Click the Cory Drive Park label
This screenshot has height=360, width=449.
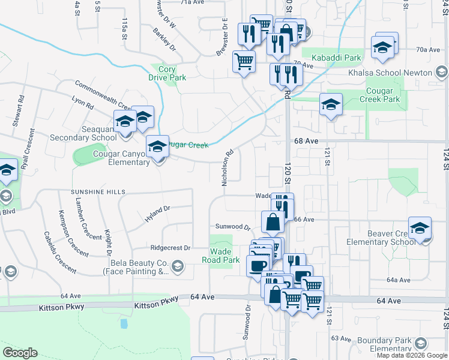point(167,73)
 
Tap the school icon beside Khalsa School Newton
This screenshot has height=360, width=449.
point(382,48)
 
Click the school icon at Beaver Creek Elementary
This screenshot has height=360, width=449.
point(420,228)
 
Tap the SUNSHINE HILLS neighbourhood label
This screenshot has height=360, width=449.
point(98,191)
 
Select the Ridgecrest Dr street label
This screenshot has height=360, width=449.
point(170,247)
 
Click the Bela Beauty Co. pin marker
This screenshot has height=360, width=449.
point(177,266)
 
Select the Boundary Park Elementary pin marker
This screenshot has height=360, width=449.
point(420,343)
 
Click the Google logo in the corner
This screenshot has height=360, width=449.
point(20,353)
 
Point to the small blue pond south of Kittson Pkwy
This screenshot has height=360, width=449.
point(124,323)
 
